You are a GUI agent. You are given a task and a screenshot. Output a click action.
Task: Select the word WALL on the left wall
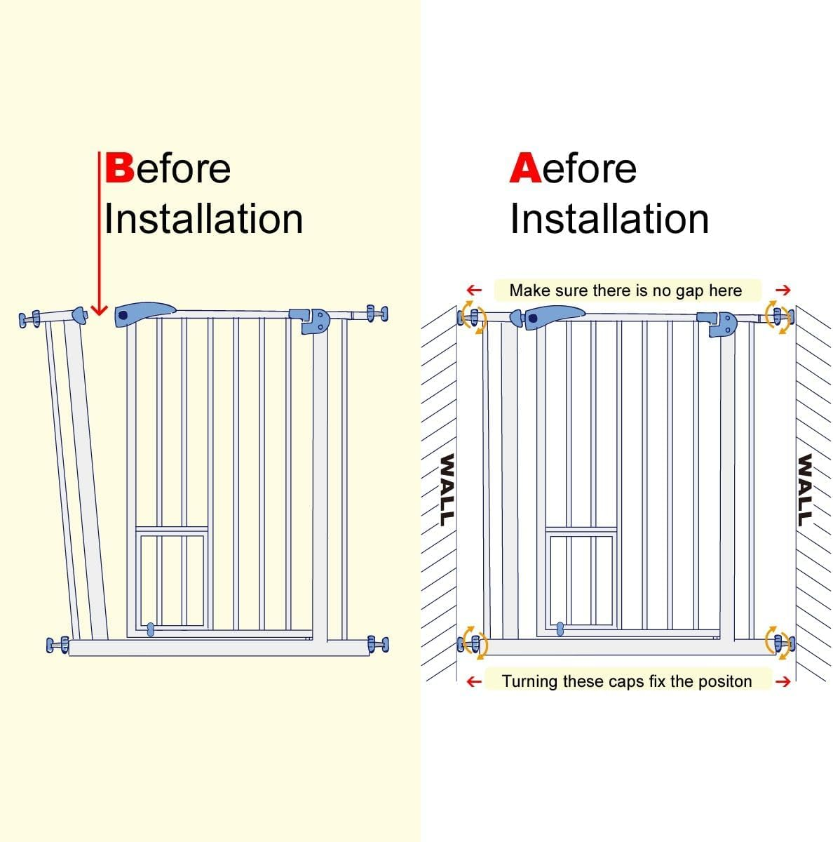pos(445,489)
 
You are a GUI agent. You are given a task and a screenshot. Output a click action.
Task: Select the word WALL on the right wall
pos(804,489)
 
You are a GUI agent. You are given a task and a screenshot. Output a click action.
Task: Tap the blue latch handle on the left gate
pos(144,314)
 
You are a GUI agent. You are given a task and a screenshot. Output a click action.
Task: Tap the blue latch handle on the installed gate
pos(554,316)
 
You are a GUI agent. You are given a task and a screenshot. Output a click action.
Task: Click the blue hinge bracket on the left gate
pos(310,320)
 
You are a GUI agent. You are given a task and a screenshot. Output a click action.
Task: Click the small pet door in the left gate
pos(172,579)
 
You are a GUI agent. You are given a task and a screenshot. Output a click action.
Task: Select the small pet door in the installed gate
pos(581,579)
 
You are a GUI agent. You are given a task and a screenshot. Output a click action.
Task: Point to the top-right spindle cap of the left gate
pos(377,313)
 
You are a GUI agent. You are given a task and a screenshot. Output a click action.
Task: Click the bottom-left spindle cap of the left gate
pos(57,644)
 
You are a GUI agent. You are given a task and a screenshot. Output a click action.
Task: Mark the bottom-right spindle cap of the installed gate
pos(780,643)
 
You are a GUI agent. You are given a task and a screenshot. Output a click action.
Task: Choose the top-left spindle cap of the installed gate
pos(470,316)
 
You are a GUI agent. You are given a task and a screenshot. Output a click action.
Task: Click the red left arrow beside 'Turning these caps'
pos(474,681)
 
